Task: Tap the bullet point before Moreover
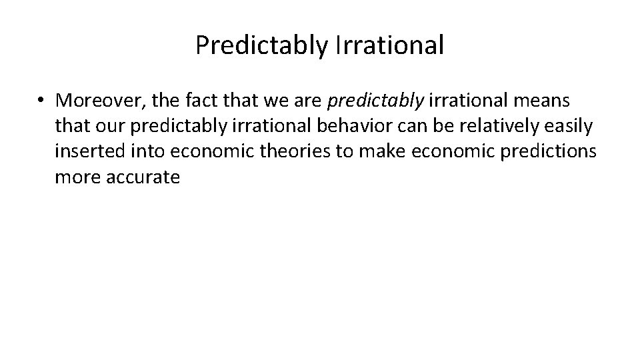(41, 100)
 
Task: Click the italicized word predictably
(375, 100)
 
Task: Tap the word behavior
(372, 126)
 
